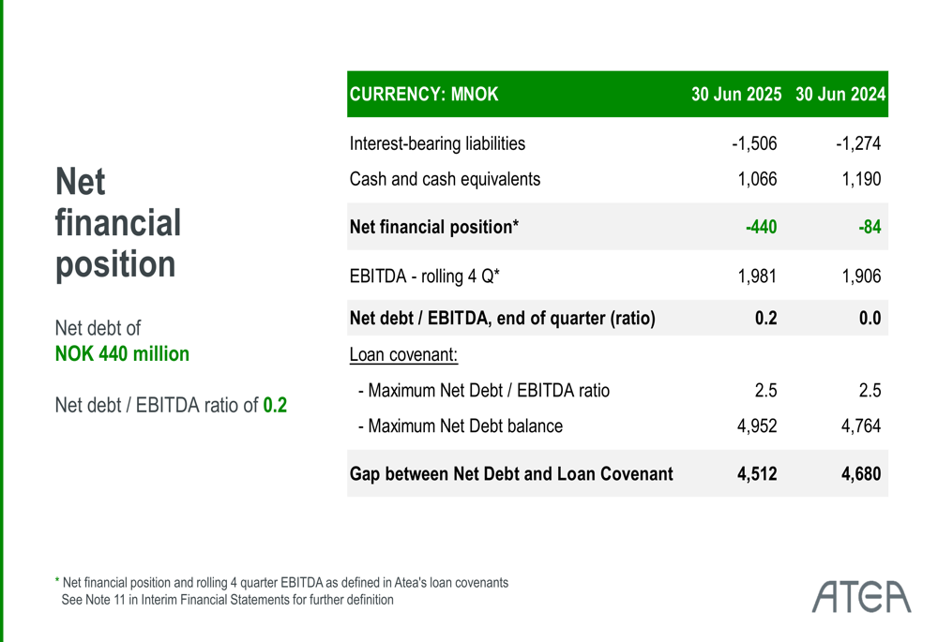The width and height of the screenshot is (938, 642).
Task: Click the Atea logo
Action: [x=862, y=595]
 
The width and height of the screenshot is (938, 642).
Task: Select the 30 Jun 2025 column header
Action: [x=736, y=95]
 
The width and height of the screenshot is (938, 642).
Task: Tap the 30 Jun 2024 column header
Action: [x=840, y=95]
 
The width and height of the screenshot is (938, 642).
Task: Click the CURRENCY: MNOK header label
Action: [x=424, y=95]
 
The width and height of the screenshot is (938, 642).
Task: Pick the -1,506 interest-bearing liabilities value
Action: [x=754, y=144]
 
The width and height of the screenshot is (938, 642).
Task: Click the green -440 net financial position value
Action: [x=761, y=227]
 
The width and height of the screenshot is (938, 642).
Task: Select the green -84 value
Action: [x=870, y=227]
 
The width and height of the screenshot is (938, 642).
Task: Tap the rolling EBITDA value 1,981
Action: [x=757, y=276]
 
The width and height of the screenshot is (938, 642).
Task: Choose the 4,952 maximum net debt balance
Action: [x=757, y=426]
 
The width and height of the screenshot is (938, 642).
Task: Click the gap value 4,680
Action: [x=861, y=474]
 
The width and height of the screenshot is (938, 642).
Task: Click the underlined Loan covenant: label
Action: [x=403, y=356]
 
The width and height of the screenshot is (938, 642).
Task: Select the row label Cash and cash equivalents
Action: [x=445, y=179]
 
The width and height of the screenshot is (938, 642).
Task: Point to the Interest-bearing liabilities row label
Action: [x=437, y=144]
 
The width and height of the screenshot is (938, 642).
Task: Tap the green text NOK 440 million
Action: [x=122, y=354]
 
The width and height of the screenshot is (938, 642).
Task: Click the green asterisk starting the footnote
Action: [x=57, y=582]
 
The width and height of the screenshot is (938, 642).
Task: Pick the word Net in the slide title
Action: [x=81, y=182]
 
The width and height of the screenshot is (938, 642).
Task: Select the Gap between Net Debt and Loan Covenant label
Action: [x=511, y=474]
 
